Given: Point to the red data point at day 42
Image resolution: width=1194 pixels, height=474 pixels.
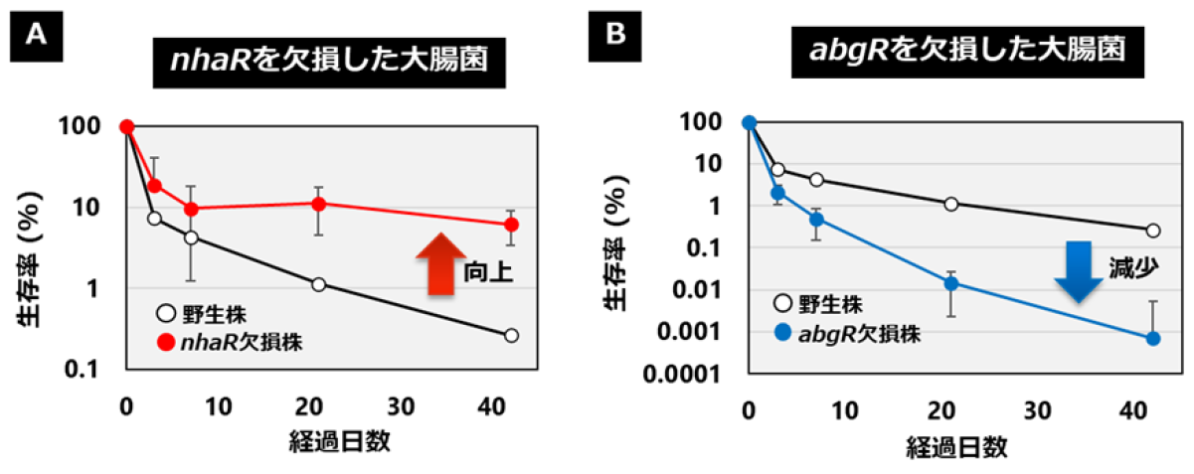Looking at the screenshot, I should tap(511, 225).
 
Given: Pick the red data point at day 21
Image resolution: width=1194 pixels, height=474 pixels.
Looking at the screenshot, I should tap(319, 204).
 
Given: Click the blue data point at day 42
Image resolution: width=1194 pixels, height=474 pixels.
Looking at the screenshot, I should tap(1153, 338).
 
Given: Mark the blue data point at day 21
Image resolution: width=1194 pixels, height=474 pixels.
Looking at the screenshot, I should tap(951, 283).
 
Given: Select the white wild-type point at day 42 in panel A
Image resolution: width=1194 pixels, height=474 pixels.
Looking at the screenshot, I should tap(511, 336).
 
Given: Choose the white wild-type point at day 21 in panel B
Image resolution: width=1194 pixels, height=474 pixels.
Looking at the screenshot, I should tap(951, 204).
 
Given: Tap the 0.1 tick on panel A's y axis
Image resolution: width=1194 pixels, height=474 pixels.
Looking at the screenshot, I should tap(91, 369).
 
